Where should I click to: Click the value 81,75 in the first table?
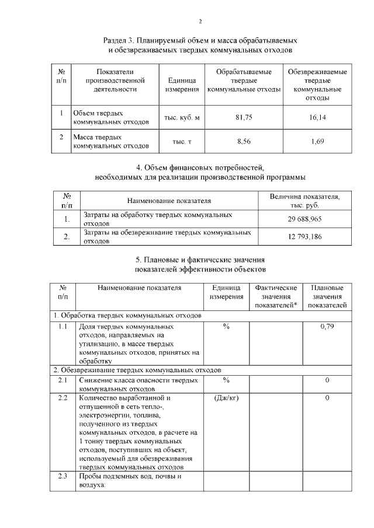244,117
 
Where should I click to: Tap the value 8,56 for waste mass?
244,141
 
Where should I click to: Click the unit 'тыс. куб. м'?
182,117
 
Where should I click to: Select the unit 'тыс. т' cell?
182,141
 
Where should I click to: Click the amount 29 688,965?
305,219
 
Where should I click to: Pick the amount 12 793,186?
305,236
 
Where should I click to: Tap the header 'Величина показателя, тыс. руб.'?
305,201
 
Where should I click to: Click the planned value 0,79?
327,327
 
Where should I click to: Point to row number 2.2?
63,398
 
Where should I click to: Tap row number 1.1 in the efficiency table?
63,327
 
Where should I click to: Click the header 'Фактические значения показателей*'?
276,296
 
